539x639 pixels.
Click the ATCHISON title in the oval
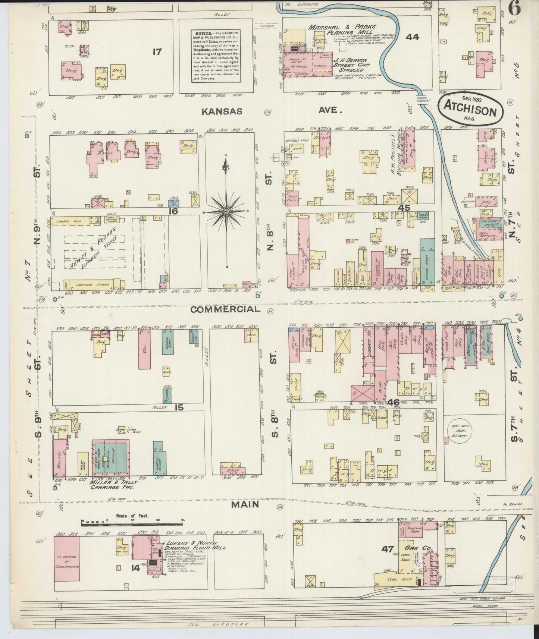pyautogui.click(x=470, y=112)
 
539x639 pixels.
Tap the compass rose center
pyautogui.click(x=226, y=212)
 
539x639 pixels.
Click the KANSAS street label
pyautogui.click(x=222, y=111)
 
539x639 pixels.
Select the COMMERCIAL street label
pyautogui.click(x=225, y=309)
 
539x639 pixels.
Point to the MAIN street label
pyautogui.click(x=245, y=505)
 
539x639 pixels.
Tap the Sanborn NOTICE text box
pyautogui.click(x=215, y=57)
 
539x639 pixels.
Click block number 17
pyautogui.click(x=157, y=51)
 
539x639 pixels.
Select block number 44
pyautogui.click(x=413, y=37)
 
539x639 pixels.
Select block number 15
pyautogui.click(x=179, y=407)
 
